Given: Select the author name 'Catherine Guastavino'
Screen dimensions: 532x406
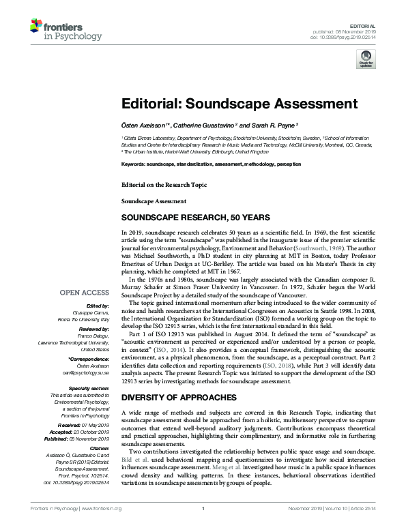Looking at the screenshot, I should tap(203, 125).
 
